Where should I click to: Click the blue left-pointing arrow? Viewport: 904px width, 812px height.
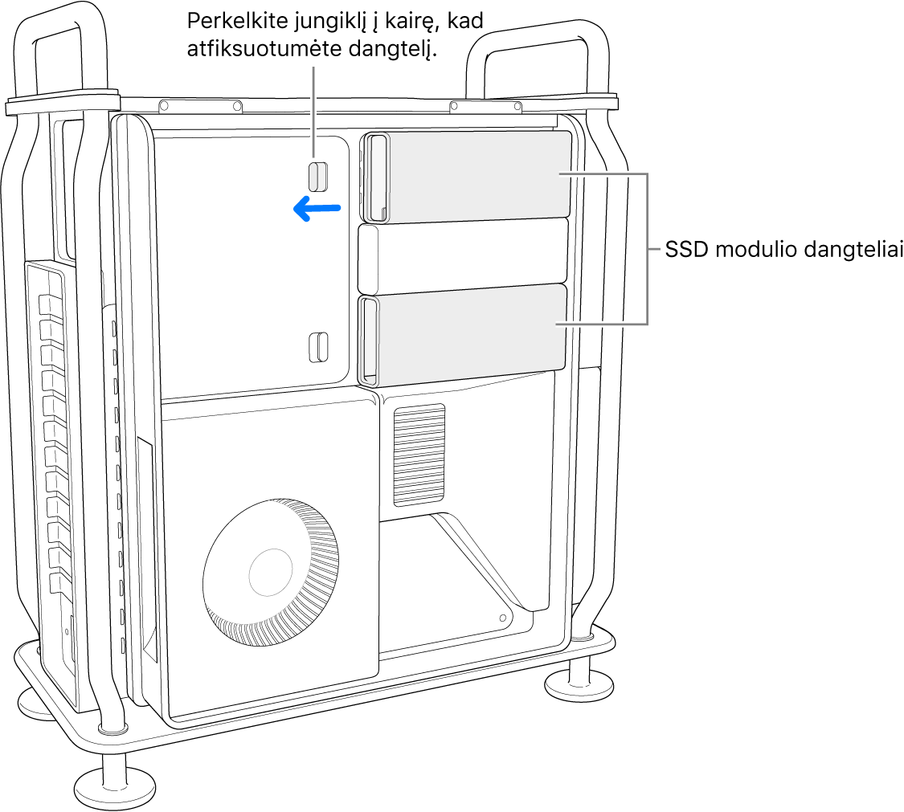[317, 208]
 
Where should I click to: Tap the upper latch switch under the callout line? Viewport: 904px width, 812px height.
[317, 177]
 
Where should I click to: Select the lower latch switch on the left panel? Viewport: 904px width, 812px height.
[318, 347]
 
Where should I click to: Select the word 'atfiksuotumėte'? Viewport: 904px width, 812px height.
[264, 49]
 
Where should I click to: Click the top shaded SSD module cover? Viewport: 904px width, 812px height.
[466, 177]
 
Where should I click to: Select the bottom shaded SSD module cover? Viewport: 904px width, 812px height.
[462, 334]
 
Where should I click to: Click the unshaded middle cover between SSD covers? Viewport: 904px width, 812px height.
[463, 256]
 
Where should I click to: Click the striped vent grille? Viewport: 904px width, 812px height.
[419, 455]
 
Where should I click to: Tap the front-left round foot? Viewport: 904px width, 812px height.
[115, 785]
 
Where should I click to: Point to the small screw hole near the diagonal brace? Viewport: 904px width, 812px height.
[503, 618]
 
